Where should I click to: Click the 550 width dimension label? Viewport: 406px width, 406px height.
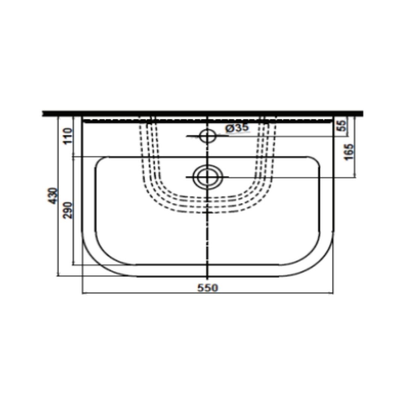[x=208, y=288]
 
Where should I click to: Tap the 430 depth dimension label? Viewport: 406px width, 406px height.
[x=54, y=196]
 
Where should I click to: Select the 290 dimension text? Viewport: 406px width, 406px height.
[x=68, y=210]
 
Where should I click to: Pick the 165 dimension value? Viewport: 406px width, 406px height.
[x=349, y=152]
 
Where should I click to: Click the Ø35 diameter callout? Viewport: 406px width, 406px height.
[x=237, y=127]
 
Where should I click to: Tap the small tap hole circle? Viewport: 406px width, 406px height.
[x=208, y=136]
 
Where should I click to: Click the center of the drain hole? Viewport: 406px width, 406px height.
[x=208, y=177]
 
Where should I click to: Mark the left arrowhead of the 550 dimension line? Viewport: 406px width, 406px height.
[x=83, y=293]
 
